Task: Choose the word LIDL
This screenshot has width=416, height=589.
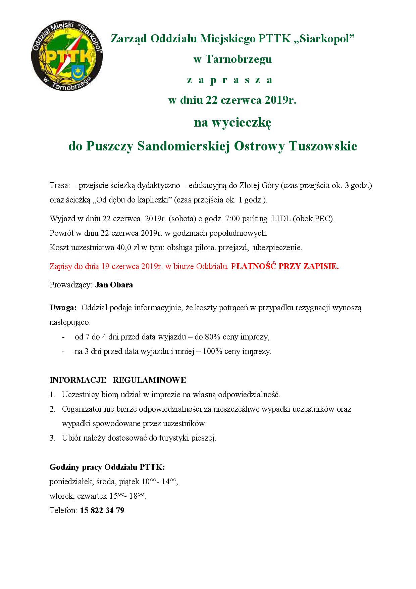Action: (x=281, y=219)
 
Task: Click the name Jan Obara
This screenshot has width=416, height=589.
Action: (x=114, y=285)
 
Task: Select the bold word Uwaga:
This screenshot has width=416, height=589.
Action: (x=63, y=308)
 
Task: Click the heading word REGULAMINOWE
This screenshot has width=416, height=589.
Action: (x=149, y=380)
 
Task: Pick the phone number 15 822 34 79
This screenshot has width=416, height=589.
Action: (x=102, y=510)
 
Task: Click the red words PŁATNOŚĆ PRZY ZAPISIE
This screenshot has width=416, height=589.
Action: (x=285, y=267)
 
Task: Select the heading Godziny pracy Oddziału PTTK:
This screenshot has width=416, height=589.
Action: (x=107, y=467)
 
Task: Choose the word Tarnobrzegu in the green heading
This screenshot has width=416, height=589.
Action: (x=237, y=59)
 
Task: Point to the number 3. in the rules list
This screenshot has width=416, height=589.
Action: (x=53, y=438)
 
